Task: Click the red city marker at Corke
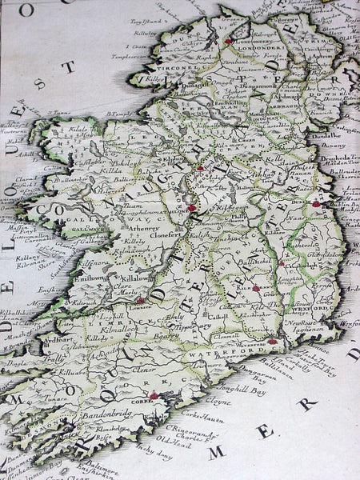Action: [154, 395]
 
